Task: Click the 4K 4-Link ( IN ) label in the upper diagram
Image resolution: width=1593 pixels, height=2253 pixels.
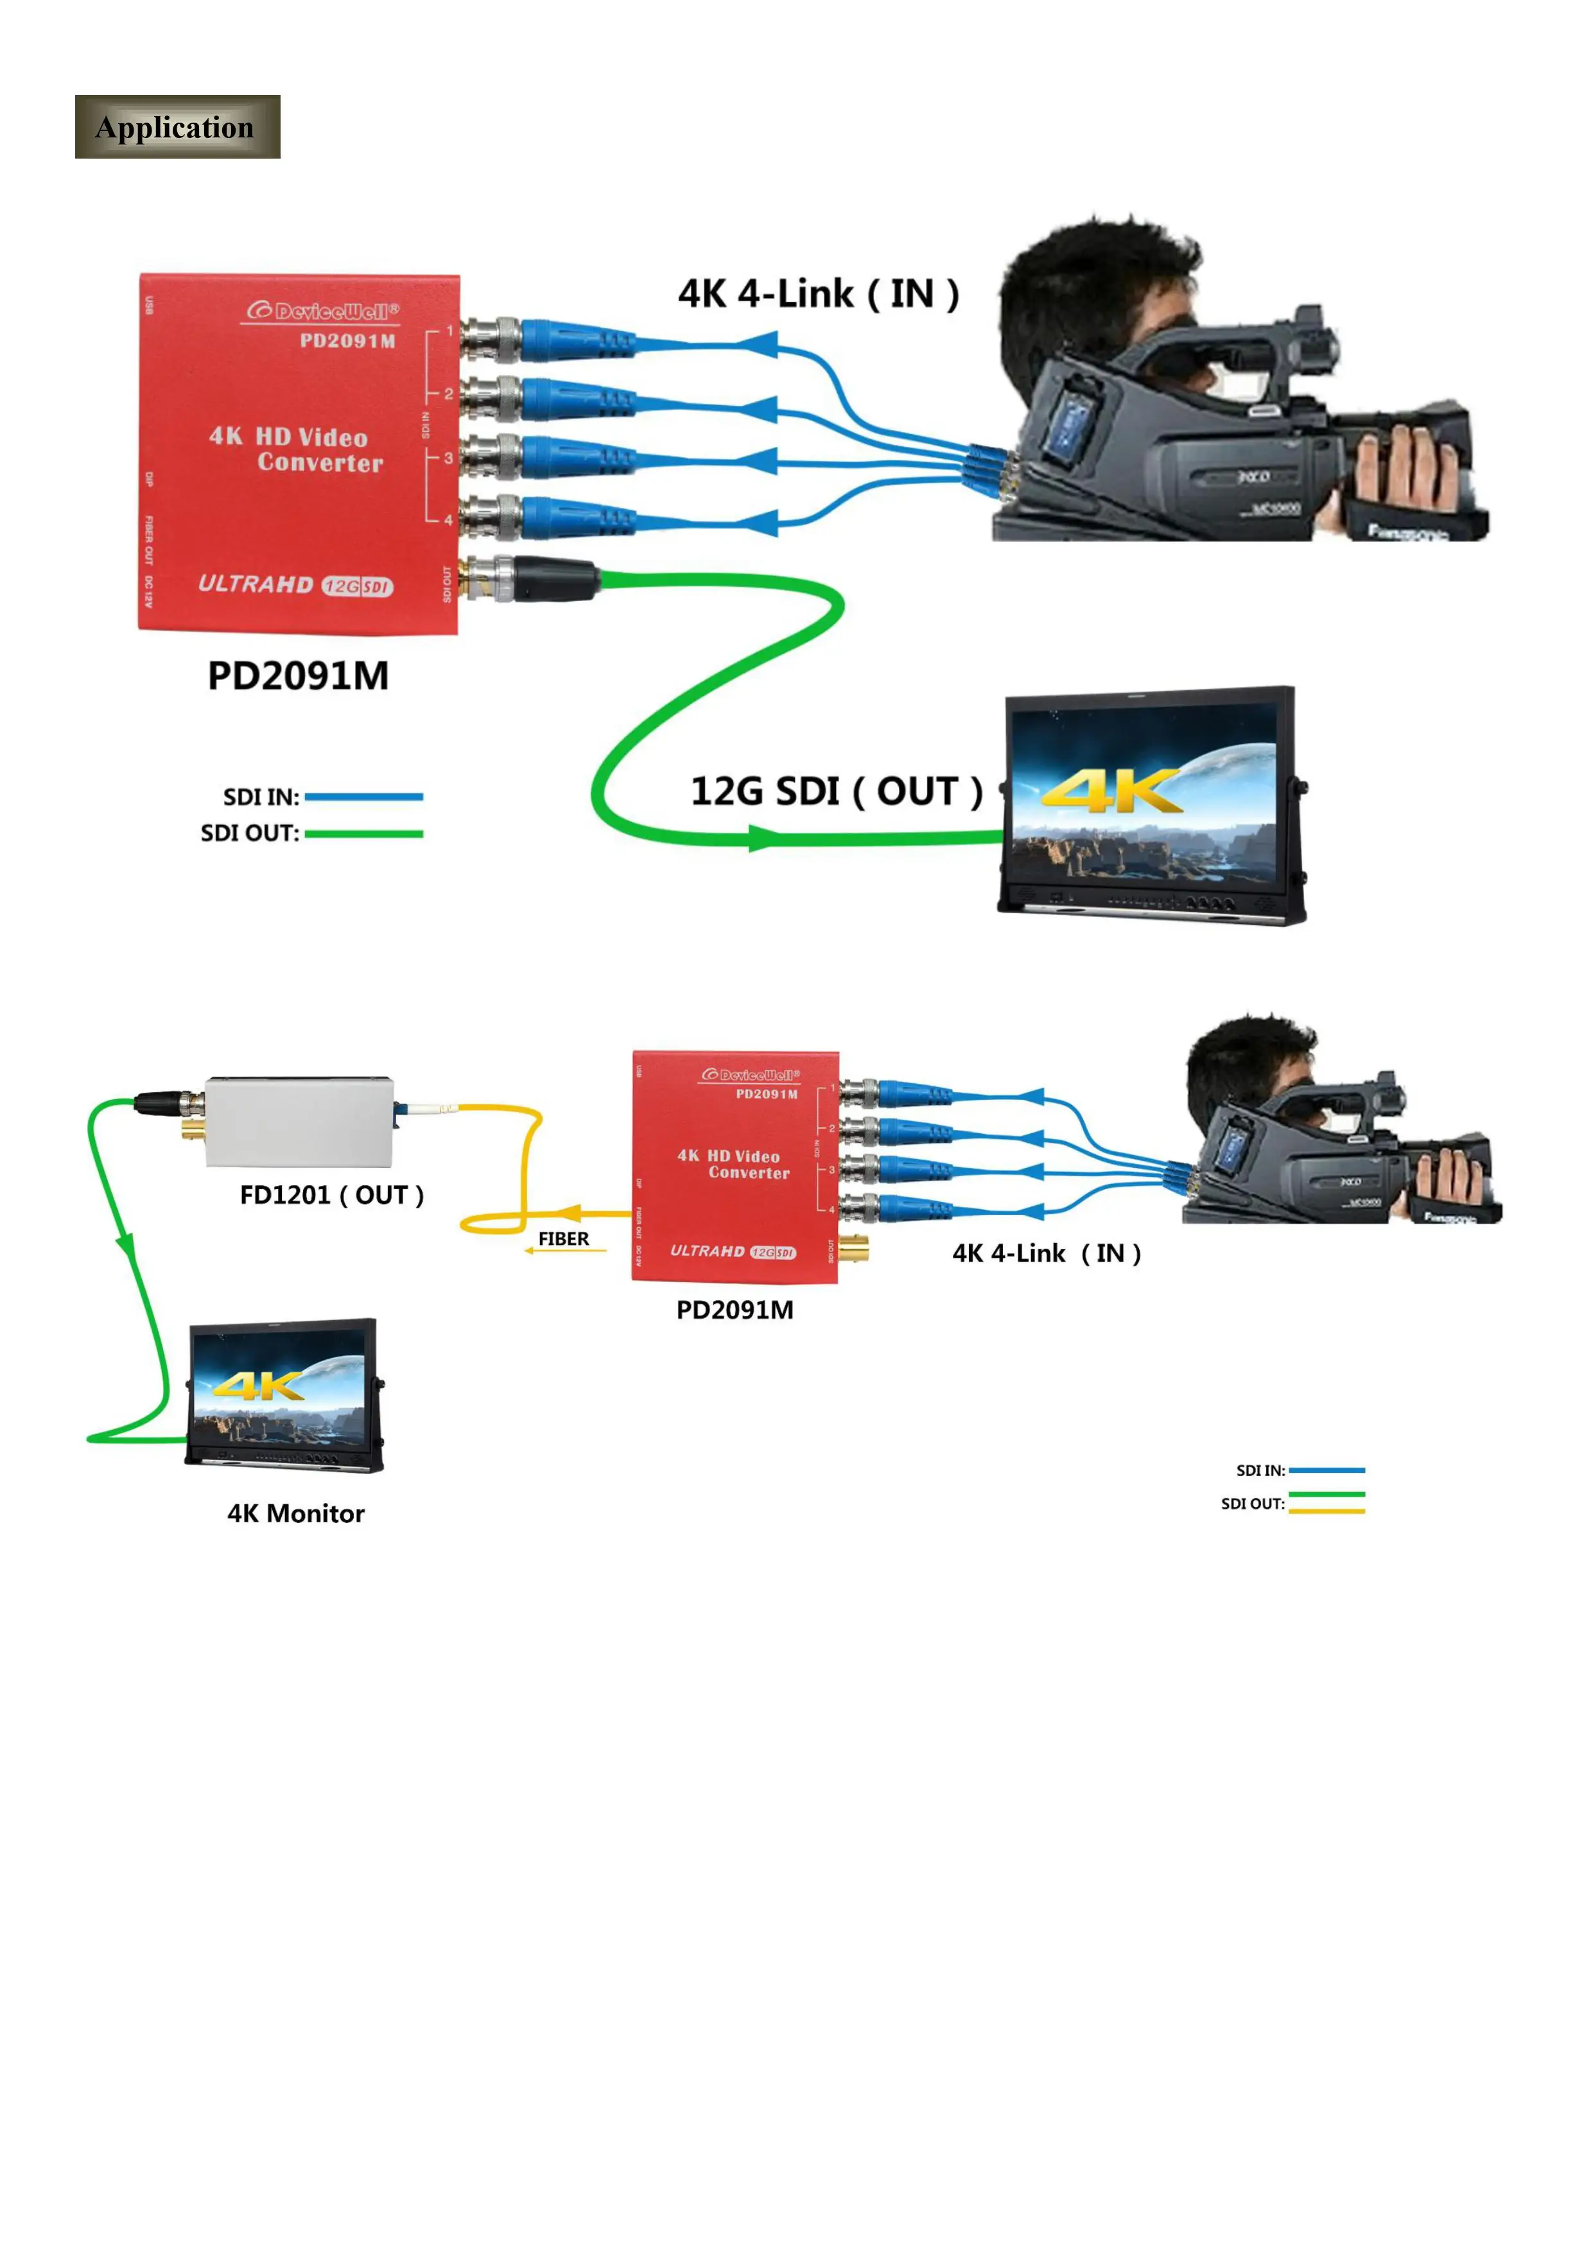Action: [817, 293]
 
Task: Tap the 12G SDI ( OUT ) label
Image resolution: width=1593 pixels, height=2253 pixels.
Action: [835, 791]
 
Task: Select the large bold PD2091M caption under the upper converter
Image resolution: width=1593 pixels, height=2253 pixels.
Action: [299, 676]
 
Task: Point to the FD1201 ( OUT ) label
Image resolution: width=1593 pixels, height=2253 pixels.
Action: [332, 1195]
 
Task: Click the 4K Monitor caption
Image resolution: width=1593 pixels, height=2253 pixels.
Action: [295, 1513]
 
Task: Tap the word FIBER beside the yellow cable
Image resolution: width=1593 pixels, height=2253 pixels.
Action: [563, 1239]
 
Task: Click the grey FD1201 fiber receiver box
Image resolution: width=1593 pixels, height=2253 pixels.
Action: [299, 1122]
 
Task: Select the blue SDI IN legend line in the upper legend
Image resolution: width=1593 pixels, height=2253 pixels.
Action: [363, 797]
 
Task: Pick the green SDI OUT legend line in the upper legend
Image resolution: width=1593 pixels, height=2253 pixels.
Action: [363, 834]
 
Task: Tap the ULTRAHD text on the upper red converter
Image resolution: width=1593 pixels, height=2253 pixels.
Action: [255, 584]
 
